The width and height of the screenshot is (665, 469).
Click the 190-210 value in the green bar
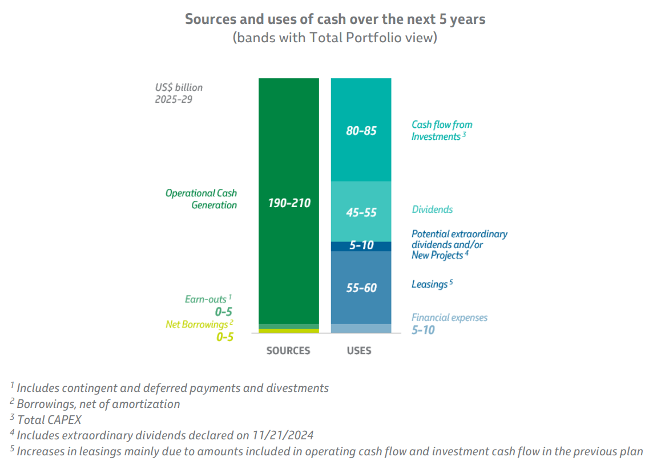click(289, 203)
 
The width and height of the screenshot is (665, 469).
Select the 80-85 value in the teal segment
click(361, 131)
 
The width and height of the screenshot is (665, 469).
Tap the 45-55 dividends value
click(361, 212)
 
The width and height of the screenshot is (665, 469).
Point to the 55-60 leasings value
click(361, 288)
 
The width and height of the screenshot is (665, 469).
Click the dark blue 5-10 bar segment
click(361, 246)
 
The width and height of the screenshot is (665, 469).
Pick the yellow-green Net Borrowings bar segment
click(289, 331)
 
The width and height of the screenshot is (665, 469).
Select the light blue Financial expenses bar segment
click(361, 329)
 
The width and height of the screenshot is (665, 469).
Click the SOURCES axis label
click(288, 350)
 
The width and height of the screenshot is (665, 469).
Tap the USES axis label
click(359, 350)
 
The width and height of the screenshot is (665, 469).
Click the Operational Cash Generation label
click(201, 199)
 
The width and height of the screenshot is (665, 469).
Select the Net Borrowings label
click(196, 325)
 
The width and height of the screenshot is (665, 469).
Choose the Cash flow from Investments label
click(441, 131)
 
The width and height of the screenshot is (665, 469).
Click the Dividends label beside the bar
click(432, 209)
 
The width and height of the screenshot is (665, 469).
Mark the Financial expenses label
click(449, 317)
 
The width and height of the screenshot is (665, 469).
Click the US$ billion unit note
click(179, 88)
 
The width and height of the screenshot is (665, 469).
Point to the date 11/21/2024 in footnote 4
click(283, 435)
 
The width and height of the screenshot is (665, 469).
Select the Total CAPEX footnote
click(49, 420)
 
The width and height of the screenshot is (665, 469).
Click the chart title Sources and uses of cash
click(335, 19)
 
